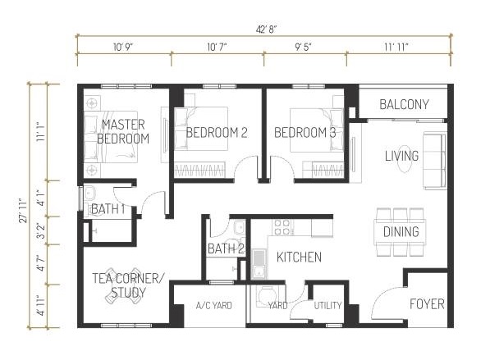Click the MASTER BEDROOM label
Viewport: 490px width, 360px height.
pyautogui.click(x=123, y=131)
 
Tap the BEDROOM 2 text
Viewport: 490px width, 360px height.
pyautogui.click(x=217, y=133)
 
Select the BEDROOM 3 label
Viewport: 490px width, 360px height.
pyautogui.click(x=305, y=133)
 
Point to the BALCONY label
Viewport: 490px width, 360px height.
pyautogui.click(x=405, y=104)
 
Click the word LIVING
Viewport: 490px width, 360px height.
pyautogui.click(x=401, y=156)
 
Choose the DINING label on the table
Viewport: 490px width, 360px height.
pyautogui.click(x=401, y=232)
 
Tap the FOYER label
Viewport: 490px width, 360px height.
pyautogui.click(x=427, y=304)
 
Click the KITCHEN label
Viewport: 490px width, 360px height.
pyautogui.click(x=299, y=257)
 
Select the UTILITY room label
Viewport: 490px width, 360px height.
pyautogui.click(x=327, y=306)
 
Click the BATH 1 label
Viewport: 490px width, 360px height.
pyautogui.click(x=108, y=210)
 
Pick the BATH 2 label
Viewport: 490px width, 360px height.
pyautogui.click(x=225, y=248)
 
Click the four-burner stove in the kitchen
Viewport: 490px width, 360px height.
pyautogui.click(x=282, y=226)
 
